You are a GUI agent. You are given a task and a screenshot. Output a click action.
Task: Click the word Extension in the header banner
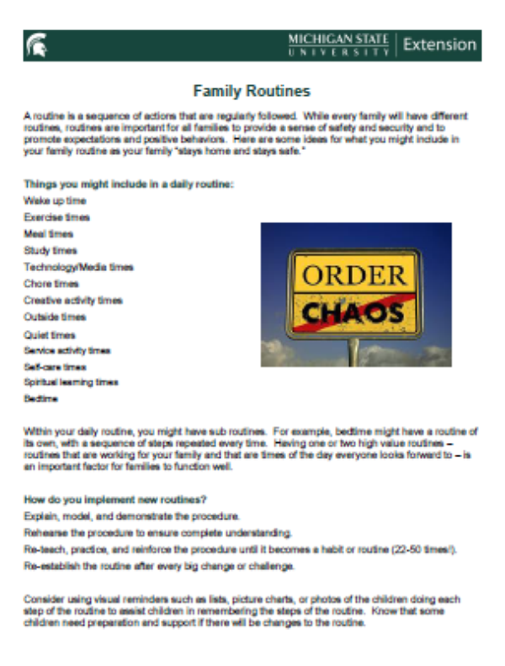click(x=439, y=45)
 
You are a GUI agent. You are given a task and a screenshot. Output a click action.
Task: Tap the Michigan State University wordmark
click(x=338, y=45)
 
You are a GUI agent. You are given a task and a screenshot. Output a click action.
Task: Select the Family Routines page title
click(x=252, y=90)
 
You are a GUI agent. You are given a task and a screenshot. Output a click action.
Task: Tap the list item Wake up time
click(x=55, y=201)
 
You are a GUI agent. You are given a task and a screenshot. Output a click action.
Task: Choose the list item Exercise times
click(x=56, y=217)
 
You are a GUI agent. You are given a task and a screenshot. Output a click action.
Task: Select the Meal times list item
click(x=49, y=234)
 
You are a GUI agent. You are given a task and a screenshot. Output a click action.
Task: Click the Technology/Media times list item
click(x=78, y=267)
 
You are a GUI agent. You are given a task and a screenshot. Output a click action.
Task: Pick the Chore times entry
click(x=50, y=284)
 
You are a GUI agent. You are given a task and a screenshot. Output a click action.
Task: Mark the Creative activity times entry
click(x=72, y=301)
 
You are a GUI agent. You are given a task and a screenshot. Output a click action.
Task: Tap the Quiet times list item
click(x=50, y=334)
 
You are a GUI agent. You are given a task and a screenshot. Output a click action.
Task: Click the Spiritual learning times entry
click(x=71, y=382)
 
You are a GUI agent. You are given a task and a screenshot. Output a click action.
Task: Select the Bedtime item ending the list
click(x=41, y=398)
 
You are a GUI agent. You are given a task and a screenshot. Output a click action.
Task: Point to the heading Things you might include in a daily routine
click(x=129, y=184)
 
